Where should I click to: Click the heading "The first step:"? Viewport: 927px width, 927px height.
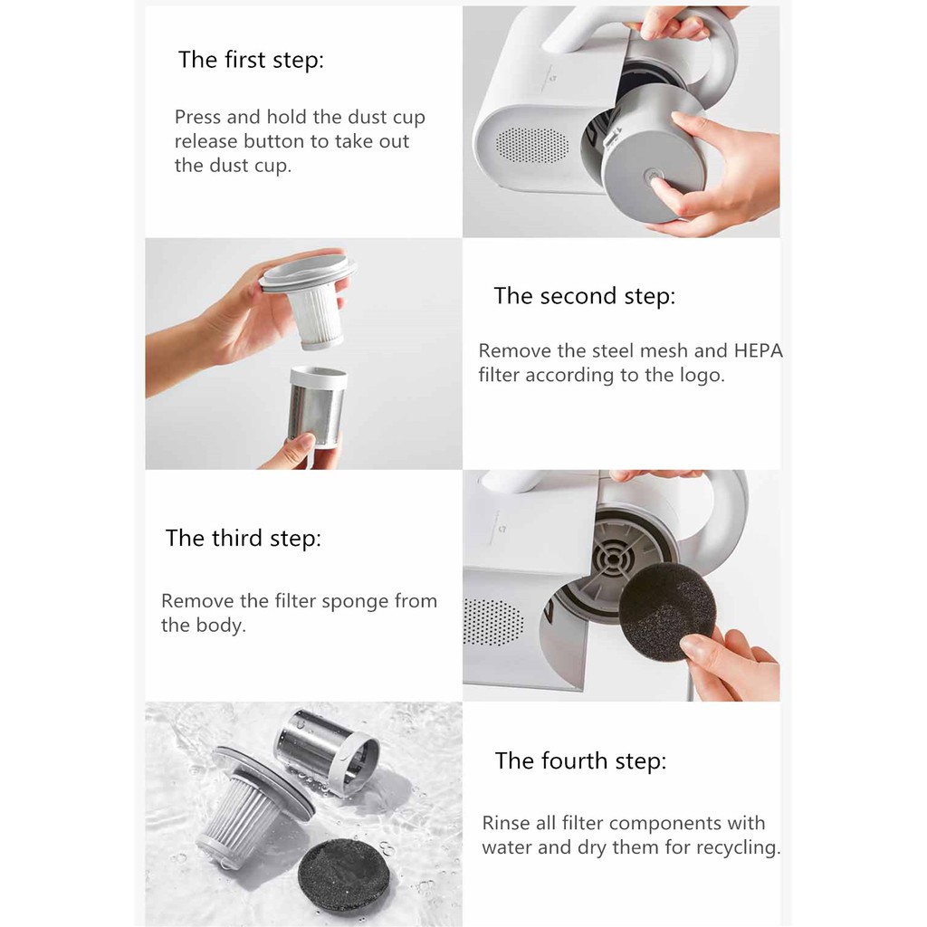252,61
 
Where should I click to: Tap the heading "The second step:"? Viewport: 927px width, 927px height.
584,296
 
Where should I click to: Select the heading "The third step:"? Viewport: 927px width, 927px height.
243,539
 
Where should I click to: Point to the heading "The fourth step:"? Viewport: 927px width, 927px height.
580,760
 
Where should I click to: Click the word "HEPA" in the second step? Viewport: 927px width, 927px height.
758,350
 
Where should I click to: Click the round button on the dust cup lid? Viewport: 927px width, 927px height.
654,177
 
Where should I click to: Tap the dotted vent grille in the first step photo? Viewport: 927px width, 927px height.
532,145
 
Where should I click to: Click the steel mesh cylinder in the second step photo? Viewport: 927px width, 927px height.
317,407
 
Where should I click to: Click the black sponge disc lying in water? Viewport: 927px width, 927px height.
343,875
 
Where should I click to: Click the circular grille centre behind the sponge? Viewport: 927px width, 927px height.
614,559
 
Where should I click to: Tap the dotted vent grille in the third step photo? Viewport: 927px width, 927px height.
493,622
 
